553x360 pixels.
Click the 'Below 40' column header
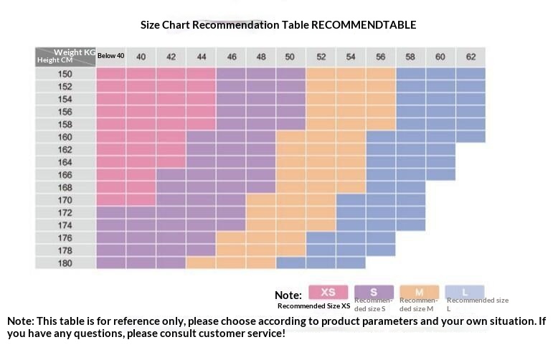(111, 56)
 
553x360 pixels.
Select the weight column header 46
(231, 57)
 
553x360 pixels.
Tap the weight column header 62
(471, 57)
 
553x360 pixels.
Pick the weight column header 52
(321, 57)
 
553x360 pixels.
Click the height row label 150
(65, 74)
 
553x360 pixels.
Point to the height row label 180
(65, 263)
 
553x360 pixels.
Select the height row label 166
(65, 175)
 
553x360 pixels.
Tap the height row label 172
(65, 213)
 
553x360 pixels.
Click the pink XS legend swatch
(328, 292)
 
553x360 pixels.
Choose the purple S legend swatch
(373, 292)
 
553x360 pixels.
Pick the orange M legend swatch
(419, 292)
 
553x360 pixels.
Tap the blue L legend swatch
(464, 292)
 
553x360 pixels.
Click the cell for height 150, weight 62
(471, 74)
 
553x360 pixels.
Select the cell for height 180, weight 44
(201, 263)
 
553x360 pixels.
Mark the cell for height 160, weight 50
(290, 137)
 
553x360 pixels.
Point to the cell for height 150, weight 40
(141, 74)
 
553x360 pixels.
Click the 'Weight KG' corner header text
(75, 52)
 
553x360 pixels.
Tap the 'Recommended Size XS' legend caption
(313, 306)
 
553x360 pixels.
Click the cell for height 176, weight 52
(321, 238)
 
